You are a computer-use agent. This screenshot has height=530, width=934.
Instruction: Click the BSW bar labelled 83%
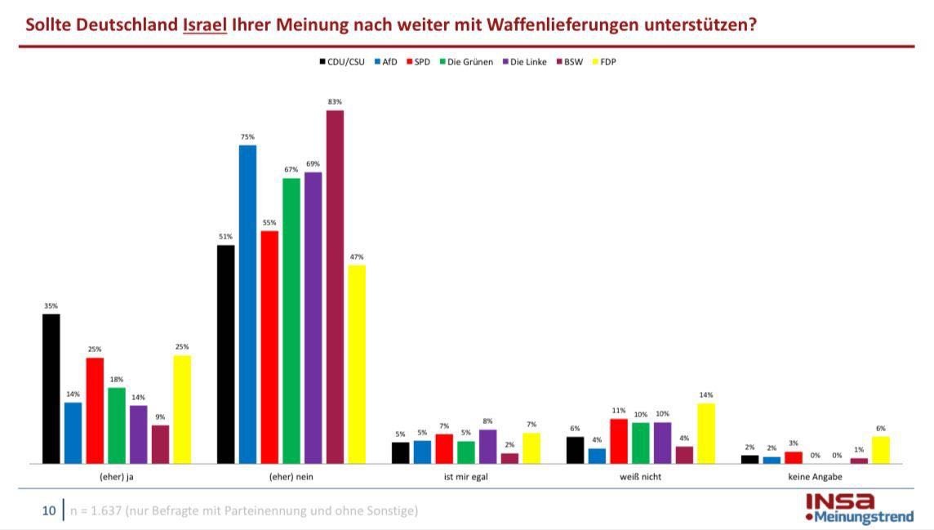(x=335, y=286)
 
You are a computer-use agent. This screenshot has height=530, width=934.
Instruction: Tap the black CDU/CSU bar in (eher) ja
(x=51, y=389)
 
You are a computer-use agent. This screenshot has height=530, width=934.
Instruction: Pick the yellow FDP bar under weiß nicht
(x=706, y=433)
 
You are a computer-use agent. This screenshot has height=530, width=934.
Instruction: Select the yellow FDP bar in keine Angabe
(x=881, y=449)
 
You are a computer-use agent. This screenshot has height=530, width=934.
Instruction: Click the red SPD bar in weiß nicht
(x=619, y=441)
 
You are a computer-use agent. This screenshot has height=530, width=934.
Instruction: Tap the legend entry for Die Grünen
(x=466, y=62)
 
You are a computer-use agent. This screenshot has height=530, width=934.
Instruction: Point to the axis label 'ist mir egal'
(x=465, y=477)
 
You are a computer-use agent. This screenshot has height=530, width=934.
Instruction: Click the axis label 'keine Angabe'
(x=815, y=477)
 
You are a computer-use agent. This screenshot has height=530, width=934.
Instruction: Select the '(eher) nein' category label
(x=291, y=477)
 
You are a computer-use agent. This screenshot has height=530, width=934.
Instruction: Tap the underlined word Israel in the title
(x=204, y=24)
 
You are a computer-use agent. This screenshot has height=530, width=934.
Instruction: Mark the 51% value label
(x=225, y=237)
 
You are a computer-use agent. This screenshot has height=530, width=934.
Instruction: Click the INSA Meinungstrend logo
(x=859, y=508)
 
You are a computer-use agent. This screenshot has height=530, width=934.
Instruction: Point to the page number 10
(x=49, y=511)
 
